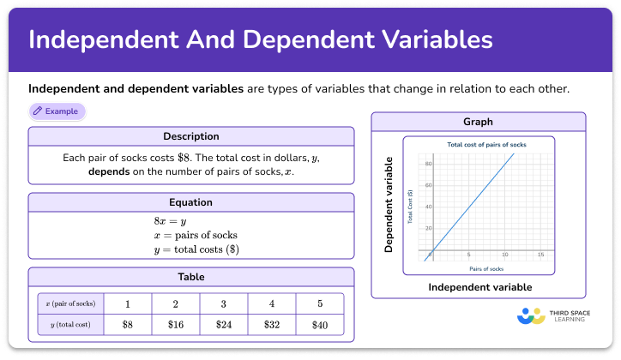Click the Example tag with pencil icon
(57, 111)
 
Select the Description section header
(191, 136)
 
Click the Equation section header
(191, 202)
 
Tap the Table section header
(191, 276)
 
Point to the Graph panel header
(478, 122)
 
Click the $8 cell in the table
(128, 324)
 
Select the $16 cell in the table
(176, 324)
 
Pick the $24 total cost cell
(224, 324)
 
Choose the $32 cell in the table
(272, 324)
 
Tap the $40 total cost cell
(320, 324)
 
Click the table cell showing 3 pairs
(224, 304)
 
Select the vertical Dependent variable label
(389, 204)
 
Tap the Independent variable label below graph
(479, 286)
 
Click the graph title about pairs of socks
(486, 143)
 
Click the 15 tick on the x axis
(540, 255)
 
